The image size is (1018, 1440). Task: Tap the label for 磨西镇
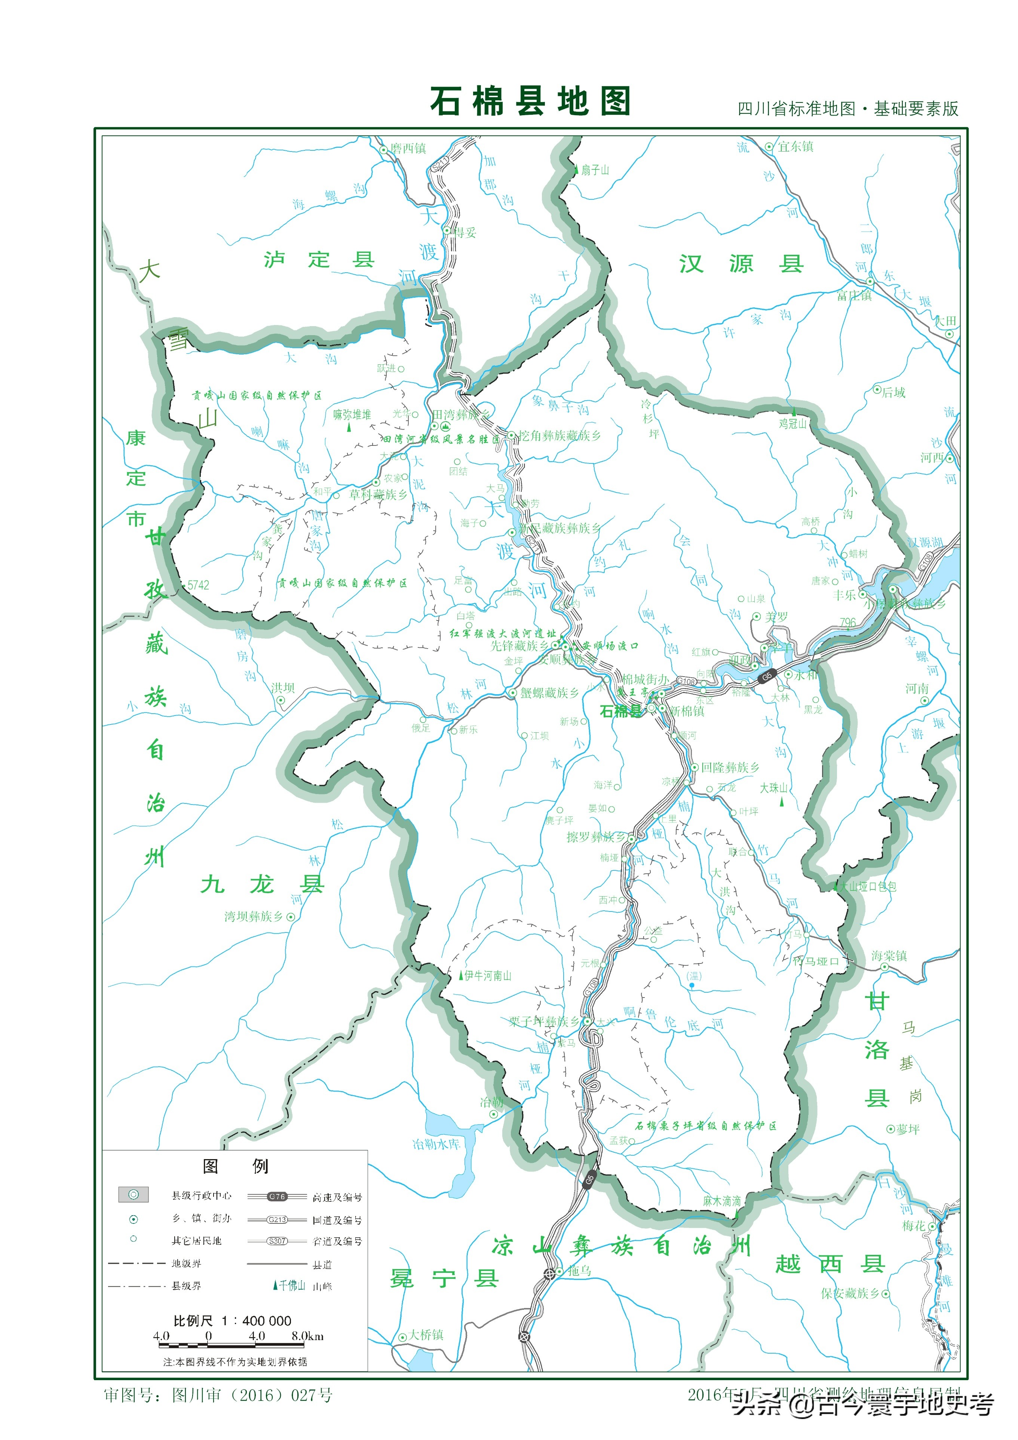[x=408, y=148]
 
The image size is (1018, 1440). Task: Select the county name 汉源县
[x=741, y=264]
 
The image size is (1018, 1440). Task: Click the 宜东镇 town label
[x=795, y=147]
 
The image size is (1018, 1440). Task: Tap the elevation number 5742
[x=198, y=585]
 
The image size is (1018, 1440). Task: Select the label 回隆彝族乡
[x=730, y=767]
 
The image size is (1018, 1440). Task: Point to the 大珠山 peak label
[x=773, y=788]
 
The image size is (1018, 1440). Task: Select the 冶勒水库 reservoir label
[x=436, y=1144]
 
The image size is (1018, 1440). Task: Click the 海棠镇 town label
[x=889, y=956]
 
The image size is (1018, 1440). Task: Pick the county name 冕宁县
[x=444, y=1278]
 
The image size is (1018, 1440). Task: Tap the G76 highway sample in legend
[x=277, y=1197]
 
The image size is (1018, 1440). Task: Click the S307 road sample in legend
[x=277, y=1241]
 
